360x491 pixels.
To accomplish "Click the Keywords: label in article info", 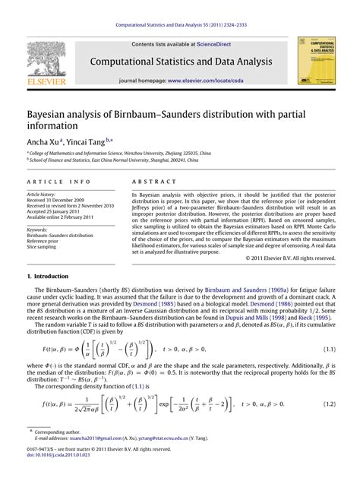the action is click(38, 230).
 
